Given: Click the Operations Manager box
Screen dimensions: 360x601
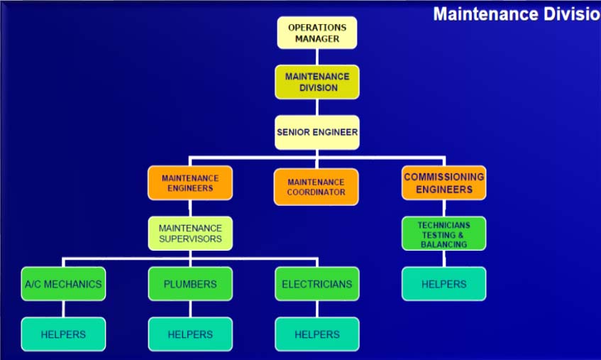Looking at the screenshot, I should [x=316, y=33].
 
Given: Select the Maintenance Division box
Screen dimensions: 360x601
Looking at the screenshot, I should [x=317, y=82].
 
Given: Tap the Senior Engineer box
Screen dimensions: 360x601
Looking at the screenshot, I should [x=317, y=132].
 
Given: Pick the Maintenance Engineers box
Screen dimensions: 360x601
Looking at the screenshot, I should [x=190, y=182].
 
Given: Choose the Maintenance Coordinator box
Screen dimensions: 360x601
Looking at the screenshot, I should [x=316, y=187].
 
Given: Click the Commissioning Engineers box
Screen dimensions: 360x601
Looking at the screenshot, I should [x=444, y=182].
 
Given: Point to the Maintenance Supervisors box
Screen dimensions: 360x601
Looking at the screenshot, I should [x=190, y=233].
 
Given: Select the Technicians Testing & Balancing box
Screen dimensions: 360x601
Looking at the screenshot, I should [x=444, y=234].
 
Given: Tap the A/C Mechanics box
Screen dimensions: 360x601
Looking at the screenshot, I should [x=63, y=284].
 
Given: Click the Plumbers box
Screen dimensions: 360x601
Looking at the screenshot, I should [x=190, y=284].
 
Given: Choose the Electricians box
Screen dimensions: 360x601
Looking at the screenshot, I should [x=317, y=284].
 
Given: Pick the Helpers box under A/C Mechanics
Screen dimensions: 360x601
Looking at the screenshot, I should [x=63, y=334].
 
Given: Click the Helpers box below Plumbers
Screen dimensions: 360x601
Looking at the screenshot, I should [x=190, y=334].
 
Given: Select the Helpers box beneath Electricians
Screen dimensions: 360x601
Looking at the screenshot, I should [x=317, y=334].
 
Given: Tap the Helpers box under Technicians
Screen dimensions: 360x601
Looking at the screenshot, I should [x=444, y=284].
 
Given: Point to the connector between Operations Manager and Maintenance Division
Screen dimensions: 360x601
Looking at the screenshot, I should [x=317, y=56].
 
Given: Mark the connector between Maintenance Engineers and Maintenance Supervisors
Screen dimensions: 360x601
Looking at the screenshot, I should [x=190, y=208].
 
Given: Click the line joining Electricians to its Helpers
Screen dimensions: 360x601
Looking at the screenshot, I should [x=317, y=309].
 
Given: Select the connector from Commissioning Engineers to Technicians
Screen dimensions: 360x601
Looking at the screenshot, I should [x=444, y=208].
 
